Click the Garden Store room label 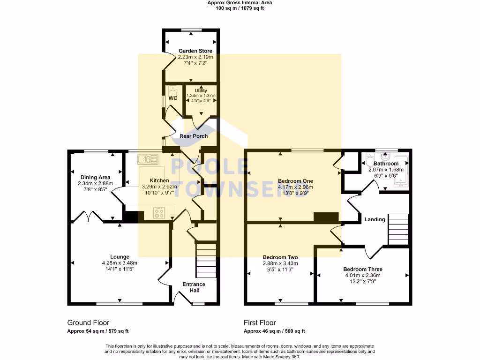195,51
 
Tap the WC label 172,98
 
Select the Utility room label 201,90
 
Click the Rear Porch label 194,136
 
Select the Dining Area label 95,177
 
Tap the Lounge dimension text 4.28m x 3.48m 120,263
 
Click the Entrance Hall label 194,287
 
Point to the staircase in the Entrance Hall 205,260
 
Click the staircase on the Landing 398,229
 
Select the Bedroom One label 295,181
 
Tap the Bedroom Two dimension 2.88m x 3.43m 280,263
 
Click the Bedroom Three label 362,269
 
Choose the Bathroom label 386,164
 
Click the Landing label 375,219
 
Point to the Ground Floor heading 88,322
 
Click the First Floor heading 260,322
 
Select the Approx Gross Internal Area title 240,3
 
